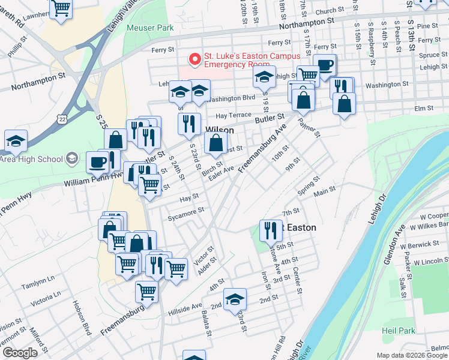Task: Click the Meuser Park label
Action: [150, 28]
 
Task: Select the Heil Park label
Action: [398, 331]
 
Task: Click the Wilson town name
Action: [220, 130]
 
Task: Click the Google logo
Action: [19, 353]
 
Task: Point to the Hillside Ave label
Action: [185, 305]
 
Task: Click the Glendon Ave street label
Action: [399, 236]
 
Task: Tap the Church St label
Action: [330, 11]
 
